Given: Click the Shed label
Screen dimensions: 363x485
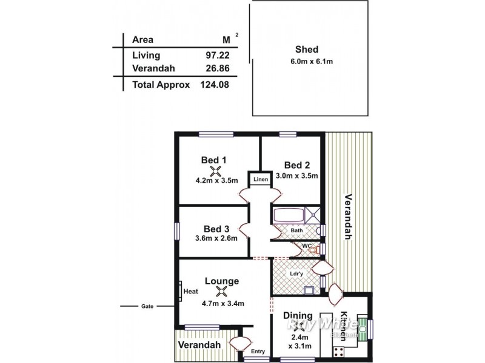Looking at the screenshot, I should point(307,50).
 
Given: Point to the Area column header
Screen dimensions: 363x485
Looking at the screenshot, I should point(142,41).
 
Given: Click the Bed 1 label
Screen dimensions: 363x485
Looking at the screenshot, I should point(213,160).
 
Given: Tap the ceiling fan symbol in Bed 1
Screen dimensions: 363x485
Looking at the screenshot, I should point(213,170).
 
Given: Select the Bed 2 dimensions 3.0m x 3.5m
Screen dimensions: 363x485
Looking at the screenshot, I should point(297,176).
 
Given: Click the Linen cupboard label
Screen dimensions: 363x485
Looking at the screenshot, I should point(260,180).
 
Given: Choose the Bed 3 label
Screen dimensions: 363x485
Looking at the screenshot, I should point(216,229).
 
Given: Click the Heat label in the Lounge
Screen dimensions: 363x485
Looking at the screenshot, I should point(191,291).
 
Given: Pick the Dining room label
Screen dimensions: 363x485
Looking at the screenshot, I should point(298,315).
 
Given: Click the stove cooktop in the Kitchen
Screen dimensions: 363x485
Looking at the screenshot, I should point(338,350).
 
